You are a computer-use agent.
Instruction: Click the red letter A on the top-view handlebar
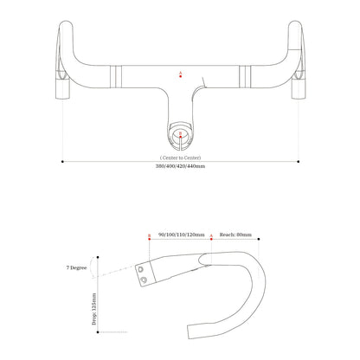[180, 74]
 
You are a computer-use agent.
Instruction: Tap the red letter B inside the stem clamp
[180, 134]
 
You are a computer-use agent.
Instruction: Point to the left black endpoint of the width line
[62, 160]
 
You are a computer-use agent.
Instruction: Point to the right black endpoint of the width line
[298, 160]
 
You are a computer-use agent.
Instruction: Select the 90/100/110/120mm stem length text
[181, 235]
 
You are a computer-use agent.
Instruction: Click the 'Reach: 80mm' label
[236, 235]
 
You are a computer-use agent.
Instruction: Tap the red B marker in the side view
[149, 235]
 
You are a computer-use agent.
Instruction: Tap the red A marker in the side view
[212, 235]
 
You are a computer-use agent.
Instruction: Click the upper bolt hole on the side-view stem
[141, 268]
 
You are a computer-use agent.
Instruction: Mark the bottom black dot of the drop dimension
[100, 331]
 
